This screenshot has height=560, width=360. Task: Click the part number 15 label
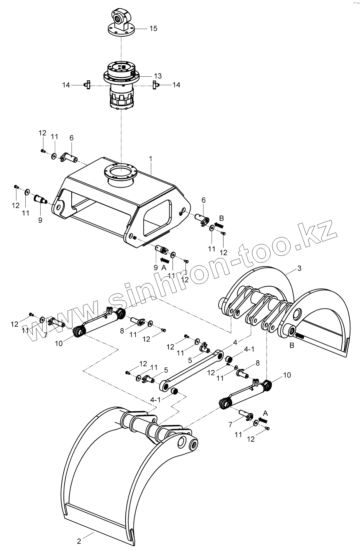tap(153, 28)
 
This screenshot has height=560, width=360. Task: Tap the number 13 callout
tap(158, 76)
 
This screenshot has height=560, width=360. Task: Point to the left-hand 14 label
tap(66, 85)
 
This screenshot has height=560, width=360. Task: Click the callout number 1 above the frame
tap(151, 159)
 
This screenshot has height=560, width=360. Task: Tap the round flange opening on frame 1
tap(121, 174)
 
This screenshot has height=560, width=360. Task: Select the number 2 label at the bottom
tap(79, 541)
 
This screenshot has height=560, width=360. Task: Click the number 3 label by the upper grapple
tap(299, 268)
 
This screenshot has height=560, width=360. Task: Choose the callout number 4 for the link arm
tap(235, 342)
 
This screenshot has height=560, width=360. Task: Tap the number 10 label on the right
tap(287, 375)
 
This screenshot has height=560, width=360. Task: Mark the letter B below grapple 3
tap(292, 345)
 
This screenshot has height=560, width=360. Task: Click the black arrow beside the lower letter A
tap(264, 420)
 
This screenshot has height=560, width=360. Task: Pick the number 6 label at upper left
tap(71, 138)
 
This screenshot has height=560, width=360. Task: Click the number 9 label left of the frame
tap(40, 220)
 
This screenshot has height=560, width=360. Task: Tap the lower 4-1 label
tap(156, 399)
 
